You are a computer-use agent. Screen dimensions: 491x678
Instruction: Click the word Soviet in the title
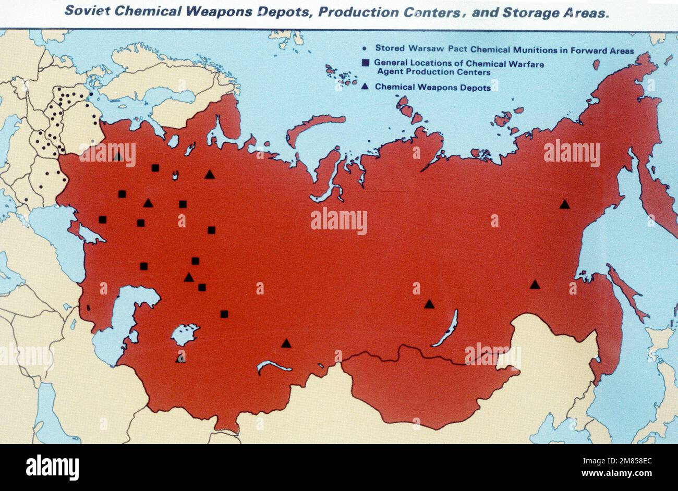click(x=87, y=11)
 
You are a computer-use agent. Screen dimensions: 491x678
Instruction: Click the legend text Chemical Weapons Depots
click(x=433, y=88)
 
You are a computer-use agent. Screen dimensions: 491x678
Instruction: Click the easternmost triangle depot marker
click(x=564, y=204)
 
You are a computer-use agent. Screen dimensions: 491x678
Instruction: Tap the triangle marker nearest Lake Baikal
click(x=429, y=304)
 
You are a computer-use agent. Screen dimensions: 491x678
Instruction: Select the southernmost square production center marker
click(x=224, y=314)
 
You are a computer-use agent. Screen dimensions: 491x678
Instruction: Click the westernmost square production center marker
click(x=103, y=219)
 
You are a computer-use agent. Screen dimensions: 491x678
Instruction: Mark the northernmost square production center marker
click(x=155, y=167)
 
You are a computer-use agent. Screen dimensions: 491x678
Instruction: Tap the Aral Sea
click(x=185, y=334)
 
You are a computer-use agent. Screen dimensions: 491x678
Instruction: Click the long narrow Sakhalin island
click(x=626, y=292)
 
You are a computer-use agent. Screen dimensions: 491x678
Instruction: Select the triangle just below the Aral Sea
click(x=180, y=358)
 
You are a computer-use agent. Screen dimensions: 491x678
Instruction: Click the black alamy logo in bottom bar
click(x=53, y=467)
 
